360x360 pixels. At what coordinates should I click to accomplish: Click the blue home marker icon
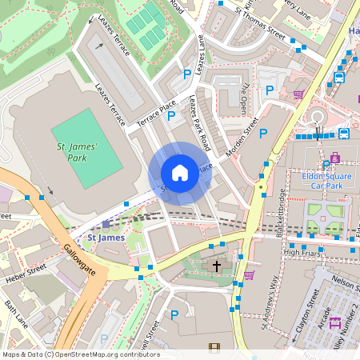pos(180,173)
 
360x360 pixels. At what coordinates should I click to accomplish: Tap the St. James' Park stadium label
pos(77,152)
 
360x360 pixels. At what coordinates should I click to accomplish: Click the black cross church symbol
pos(215,265)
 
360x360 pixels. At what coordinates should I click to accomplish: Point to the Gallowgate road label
pos(78,259)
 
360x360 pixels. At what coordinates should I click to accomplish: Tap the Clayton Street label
pos(315,314)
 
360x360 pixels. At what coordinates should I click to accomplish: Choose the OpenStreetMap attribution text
pos(81,354)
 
